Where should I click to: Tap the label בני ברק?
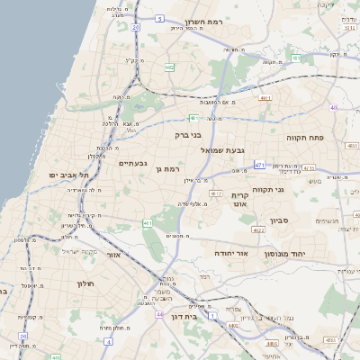click(189, 135)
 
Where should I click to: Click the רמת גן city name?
click(168, 168)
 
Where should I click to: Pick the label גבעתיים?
click(132, 163)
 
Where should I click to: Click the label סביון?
click(280, 219)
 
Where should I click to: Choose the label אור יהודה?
click(229, 255)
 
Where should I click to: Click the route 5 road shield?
click(159, 18)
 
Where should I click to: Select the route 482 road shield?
click(169, 67)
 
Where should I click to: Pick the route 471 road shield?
click(259, 165)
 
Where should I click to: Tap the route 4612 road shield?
click(216, 193)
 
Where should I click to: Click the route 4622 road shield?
click(258, 229)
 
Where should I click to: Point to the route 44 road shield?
click(159, 315)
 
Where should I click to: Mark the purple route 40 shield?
click(333, 108)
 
